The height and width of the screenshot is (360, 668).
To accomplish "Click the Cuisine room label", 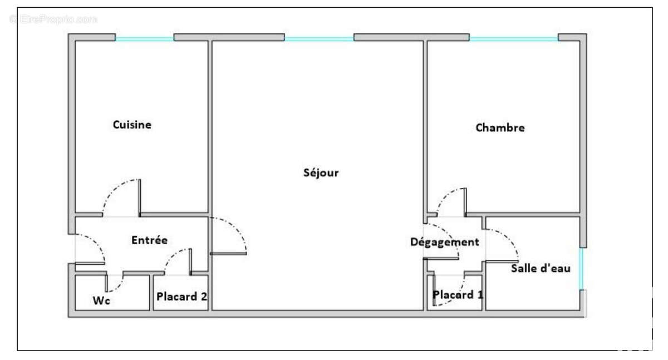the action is click(132, 125).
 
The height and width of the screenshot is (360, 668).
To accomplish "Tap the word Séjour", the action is click(321, 172).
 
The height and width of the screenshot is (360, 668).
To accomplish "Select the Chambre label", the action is click(500, 128).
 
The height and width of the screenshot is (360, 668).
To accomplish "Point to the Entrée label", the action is click(149, 240).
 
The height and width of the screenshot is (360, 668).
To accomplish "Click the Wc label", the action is click(101, 300).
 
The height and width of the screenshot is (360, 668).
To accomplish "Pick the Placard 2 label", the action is click(181, 297).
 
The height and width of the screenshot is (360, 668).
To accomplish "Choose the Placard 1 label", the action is click(458, 295).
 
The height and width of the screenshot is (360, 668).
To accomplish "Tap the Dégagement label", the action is click(445, 242).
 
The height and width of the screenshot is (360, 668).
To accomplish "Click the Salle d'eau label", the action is click(541, 268).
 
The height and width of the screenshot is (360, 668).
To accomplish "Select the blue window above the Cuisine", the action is click(144, 39).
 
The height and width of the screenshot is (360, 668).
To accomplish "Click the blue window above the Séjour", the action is click(319, 39).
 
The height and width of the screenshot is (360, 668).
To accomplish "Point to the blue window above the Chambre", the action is click(514, 39).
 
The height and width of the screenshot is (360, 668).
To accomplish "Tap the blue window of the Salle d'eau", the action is click(581, 269).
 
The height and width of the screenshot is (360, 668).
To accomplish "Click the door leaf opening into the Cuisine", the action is click(140, 198).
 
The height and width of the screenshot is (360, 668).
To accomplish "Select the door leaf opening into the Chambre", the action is click(465, 202).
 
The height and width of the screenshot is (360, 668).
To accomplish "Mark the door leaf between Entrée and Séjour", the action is click(228, 254).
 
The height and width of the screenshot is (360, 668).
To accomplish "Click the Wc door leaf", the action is click(106, 283).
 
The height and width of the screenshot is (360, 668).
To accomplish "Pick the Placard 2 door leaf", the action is click(190, 262).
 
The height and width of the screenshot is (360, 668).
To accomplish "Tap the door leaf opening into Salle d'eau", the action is click(502, 262).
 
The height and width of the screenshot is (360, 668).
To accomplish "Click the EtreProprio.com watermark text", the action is click(53, 19).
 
